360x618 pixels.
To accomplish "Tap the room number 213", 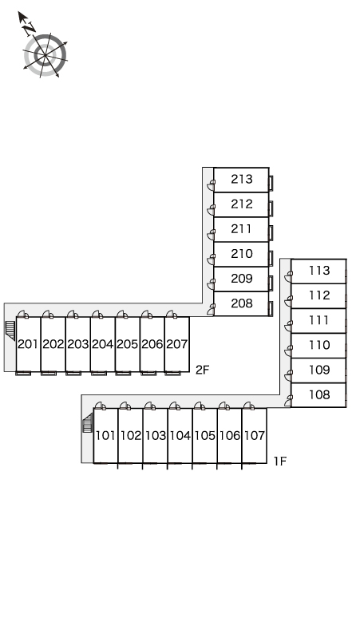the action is pos(241,180).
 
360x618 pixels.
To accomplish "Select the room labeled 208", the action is pos(241,303).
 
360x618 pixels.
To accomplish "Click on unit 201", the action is pos(28,344).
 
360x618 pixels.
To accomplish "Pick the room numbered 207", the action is pos(177,344).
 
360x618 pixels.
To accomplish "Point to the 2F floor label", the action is pos(203,370).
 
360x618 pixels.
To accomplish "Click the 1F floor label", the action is pos(280,462).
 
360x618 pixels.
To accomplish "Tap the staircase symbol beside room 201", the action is pos(10,331).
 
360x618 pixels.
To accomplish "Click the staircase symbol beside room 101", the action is pos(87,422).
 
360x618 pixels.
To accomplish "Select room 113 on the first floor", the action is pos(319,271).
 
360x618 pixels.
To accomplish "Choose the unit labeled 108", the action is pos(319,394).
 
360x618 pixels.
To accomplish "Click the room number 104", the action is pos(180,435).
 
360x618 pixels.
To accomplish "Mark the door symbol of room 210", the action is pos(212,259).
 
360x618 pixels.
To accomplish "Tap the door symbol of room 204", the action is pos(97,314).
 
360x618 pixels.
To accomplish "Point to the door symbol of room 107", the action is pos(248,406).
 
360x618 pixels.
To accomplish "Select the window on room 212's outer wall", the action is pos(271,208).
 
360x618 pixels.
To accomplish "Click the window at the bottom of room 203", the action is pos(73,373).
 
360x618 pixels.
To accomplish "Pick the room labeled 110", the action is pos(319,345).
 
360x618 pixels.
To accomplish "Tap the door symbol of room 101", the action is pos(101,406).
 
